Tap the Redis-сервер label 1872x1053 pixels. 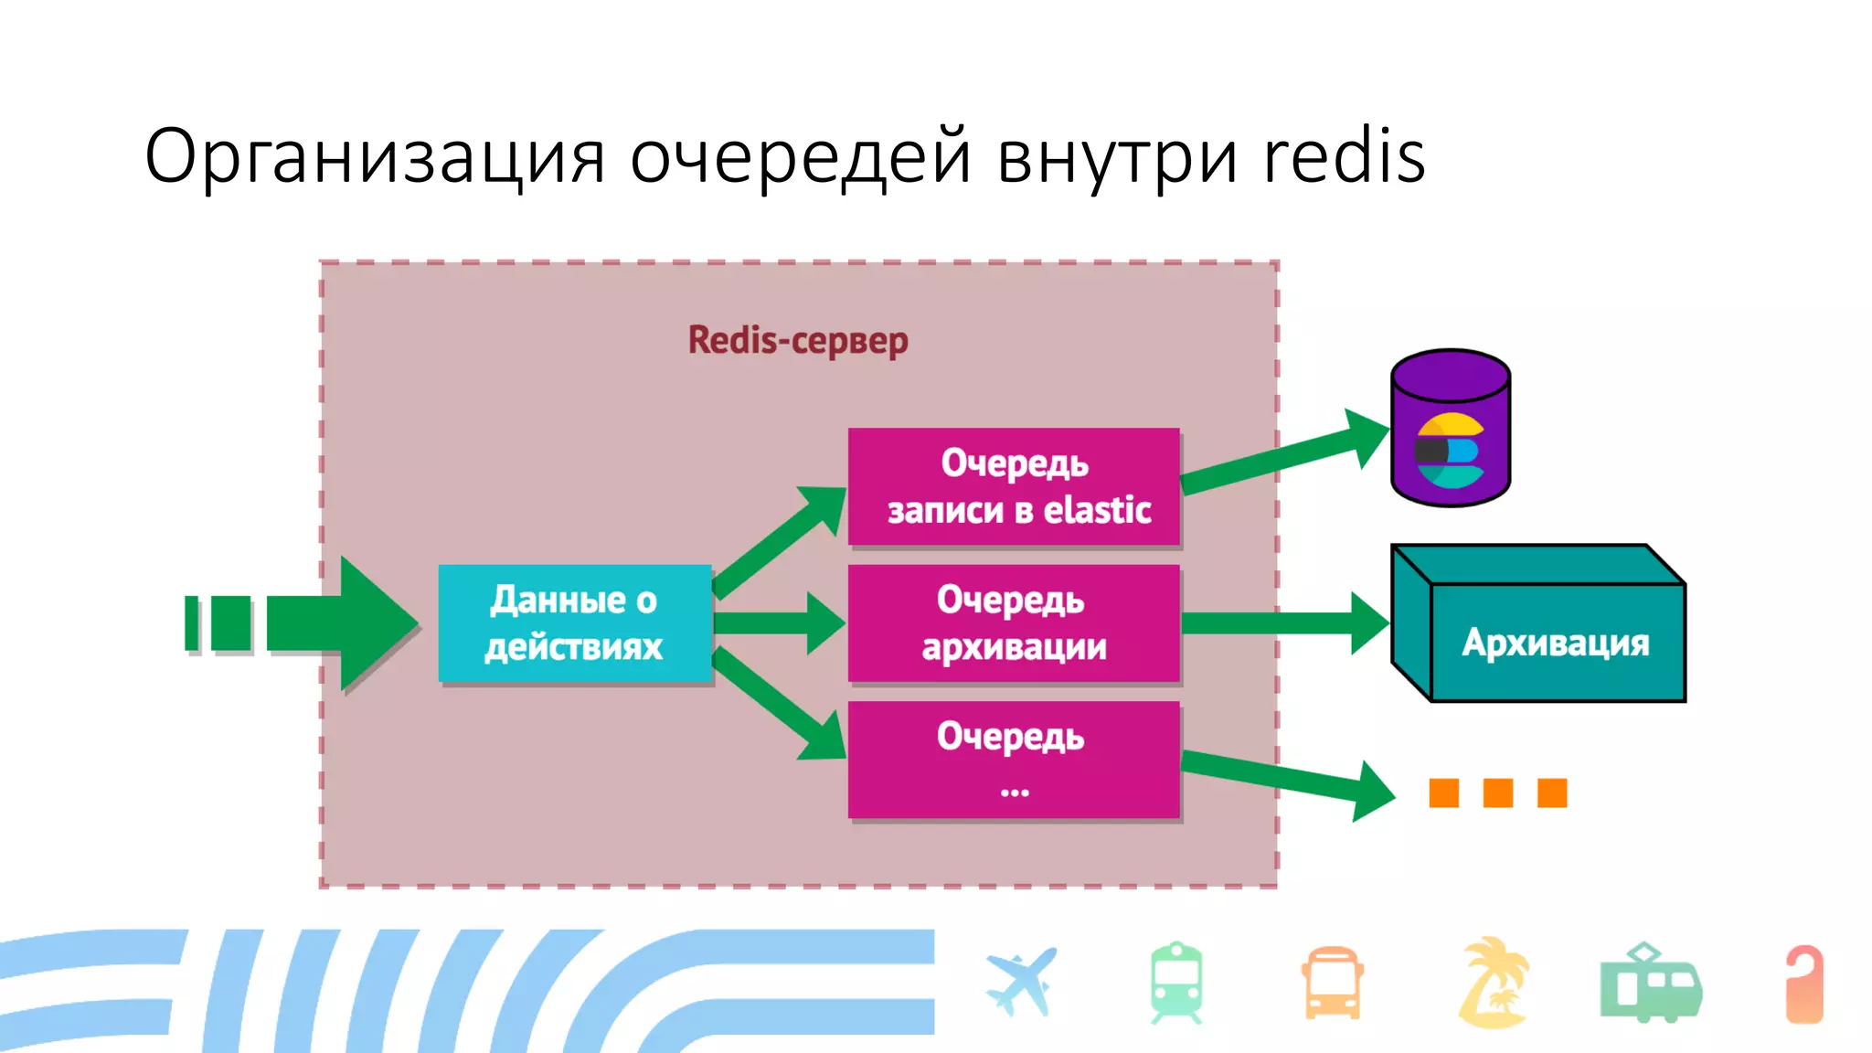tap(798, 340)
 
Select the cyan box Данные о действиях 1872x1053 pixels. tap(575, 623)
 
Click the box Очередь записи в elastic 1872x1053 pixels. tap(1014, 486)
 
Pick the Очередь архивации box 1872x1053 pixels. tap(1014, 623)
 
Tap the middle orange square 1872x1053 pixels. tap(1497, 792)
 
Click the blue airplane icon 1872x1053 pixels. tap(1022, 983)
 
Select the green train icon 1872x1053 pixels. tap(1176, 983)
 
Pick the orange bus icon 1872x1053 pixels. tap(1333, 983)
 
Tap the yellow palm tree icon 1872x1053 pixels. tap(1493, 983)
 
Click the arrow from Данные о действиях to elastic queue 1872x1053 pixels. tap(777, 543)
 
